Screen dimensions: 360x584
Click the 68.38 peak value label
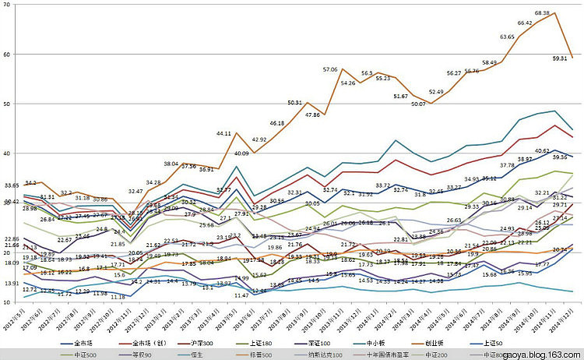click(542, 13)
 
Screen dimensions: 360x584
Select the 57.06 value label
click(329, 70)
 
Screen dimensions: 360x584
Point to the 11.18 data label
click(118, 297)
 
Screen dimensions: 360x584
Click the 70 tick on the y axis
click(6, 5)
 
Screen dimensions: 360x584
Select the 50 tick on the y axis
click(6, 104)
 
